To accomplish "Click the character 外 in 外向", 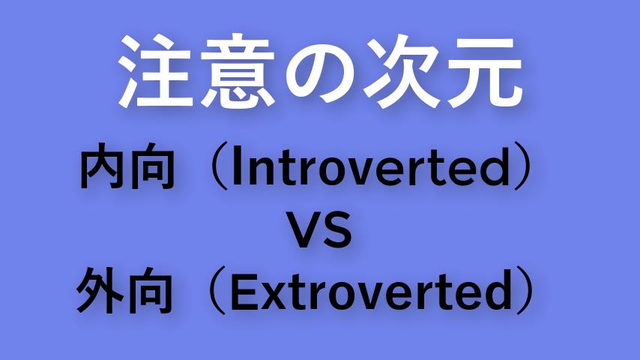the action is coord(100,290).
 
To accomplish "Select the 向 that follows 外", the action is coord(151,290).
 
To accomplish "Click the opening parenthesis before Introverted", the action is coord(220,166).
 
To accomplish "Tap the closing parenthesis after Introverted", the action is coord(522,166).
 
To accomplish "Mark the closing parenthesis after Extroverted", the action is coord(525,290).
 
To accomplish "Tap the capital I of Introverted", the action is coord(235,167).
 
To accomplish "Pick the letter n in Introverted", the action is coord(255,172).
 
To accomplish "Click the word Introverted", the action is coord(371,166).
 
